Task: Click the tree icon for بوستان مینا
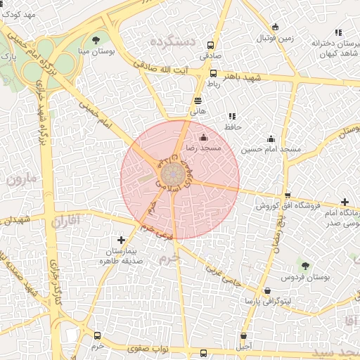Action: point(96,39)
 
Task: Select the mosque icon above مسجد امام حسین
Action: point(271,139)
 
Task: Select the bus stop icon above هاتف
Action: point(198,101)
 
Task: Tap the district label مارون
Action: point(21,179)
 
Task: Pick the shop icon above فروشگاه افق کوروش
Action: point(287,195)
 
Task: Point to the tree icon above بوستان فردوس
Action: point(304,265)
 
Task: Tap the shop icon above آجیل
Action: point(244,336)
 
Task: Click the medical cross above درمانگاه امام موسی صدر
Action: point(344,202)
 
